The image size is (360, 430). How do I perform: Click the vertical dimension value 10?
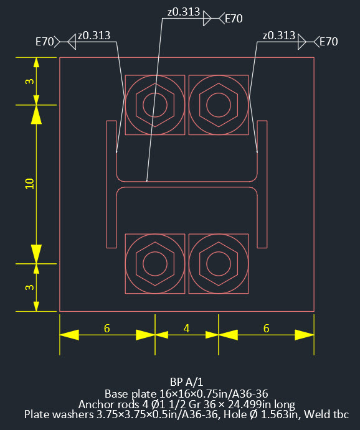click(x=29, y=184)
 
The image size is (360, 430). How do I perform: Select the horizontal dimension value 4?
click(x=187, y=329)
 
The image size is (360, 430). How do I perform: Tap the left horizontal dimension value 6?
click(x=107, y=329)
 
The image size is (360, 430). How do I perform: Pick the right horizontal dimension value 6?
click(x=267, y=329)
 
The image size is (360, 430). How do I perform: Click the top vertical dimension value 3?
click(x=29, y=82)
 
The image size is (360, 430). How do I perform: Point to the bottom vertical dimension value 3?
click(x=29, y=287)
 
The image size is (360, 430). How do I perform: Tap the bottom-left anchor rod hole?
click(x=155, y=263)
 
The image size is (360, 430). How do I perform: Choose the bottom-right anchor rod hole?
click(x=218, y=263)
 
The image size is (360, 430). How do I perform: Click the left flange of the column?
click(x=111, y=184)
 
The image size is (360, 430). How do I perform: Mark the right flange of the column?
click(x=262, y=184)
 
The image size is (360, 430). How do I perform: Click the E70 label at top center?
click(x=233, y=19)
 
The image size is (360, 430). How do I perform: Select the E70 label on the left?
click(x=45, y=42)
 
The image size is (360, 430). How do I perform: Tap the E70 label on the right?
click(x=328, y=42)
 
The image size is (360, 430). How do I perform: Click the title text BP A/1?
click(x=187, y=381)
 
